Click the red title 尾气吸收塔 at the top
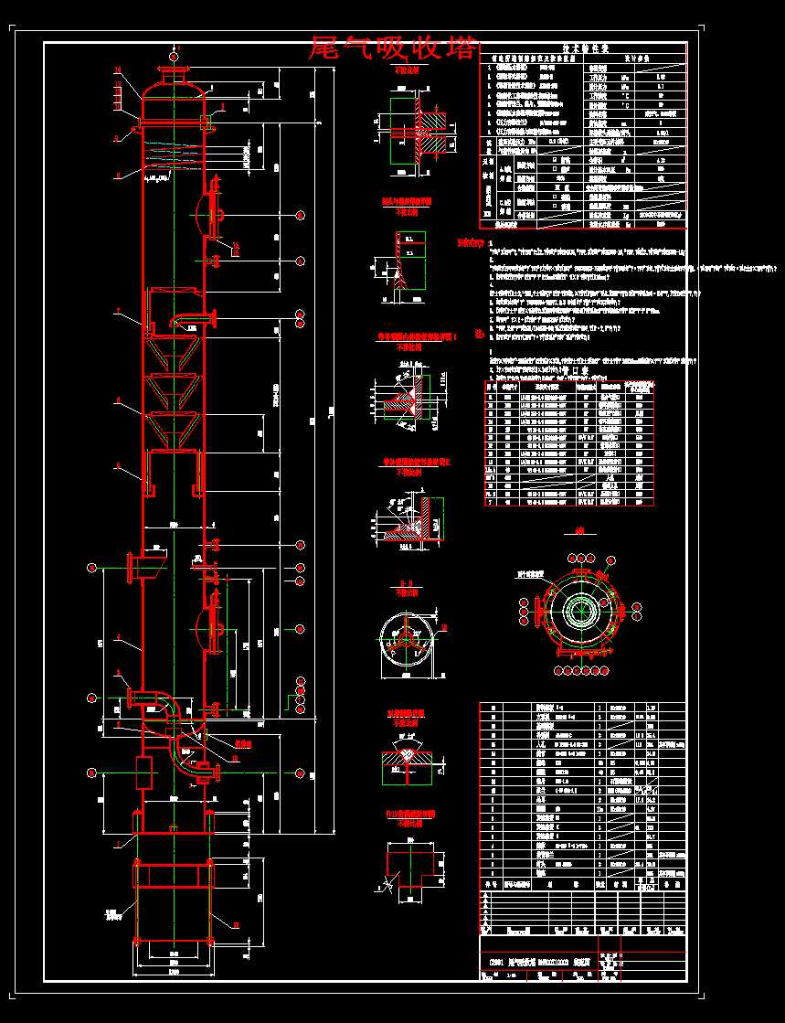(x=393, y=48)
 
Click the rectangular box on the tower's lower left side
(x=143, y=773)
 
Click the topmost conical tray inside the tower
(x=173, y=348)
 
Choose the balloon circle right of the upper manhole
(x=301, y=215)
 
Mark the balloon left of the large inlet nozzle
(x=92, y=569)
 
